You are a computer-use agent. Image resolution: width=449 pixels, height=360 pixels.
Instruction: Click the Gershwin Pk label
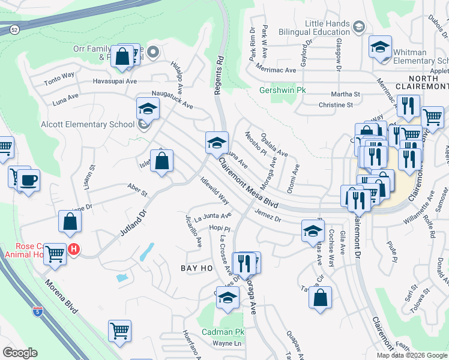point(283,91)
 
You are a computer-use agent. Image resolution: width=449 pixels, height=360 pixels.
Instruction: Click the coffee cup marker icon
point(28,180)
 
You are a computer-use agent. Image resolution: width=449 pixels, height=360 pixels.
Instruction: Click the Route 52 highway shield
point(13,28)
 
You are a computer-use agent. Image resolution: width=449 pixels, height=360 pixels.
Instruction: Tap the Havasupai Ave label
point(115,81)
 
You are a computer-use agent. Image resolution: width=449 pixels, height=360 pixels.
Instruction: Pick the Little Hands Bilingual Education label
point(327,27)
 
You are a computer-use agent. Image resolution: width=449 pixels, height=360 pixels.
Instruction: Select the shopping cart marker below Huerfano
point(120,330)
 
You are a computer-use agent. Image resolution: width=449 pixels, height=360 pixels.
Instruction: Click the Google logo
point(20,352)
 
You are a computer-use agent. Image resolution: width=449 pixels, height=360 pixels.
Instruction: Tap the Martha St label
point(346,94)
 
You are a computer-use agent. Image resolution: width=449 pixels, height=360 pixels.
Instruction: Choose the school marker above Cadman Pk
point(227,298)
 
